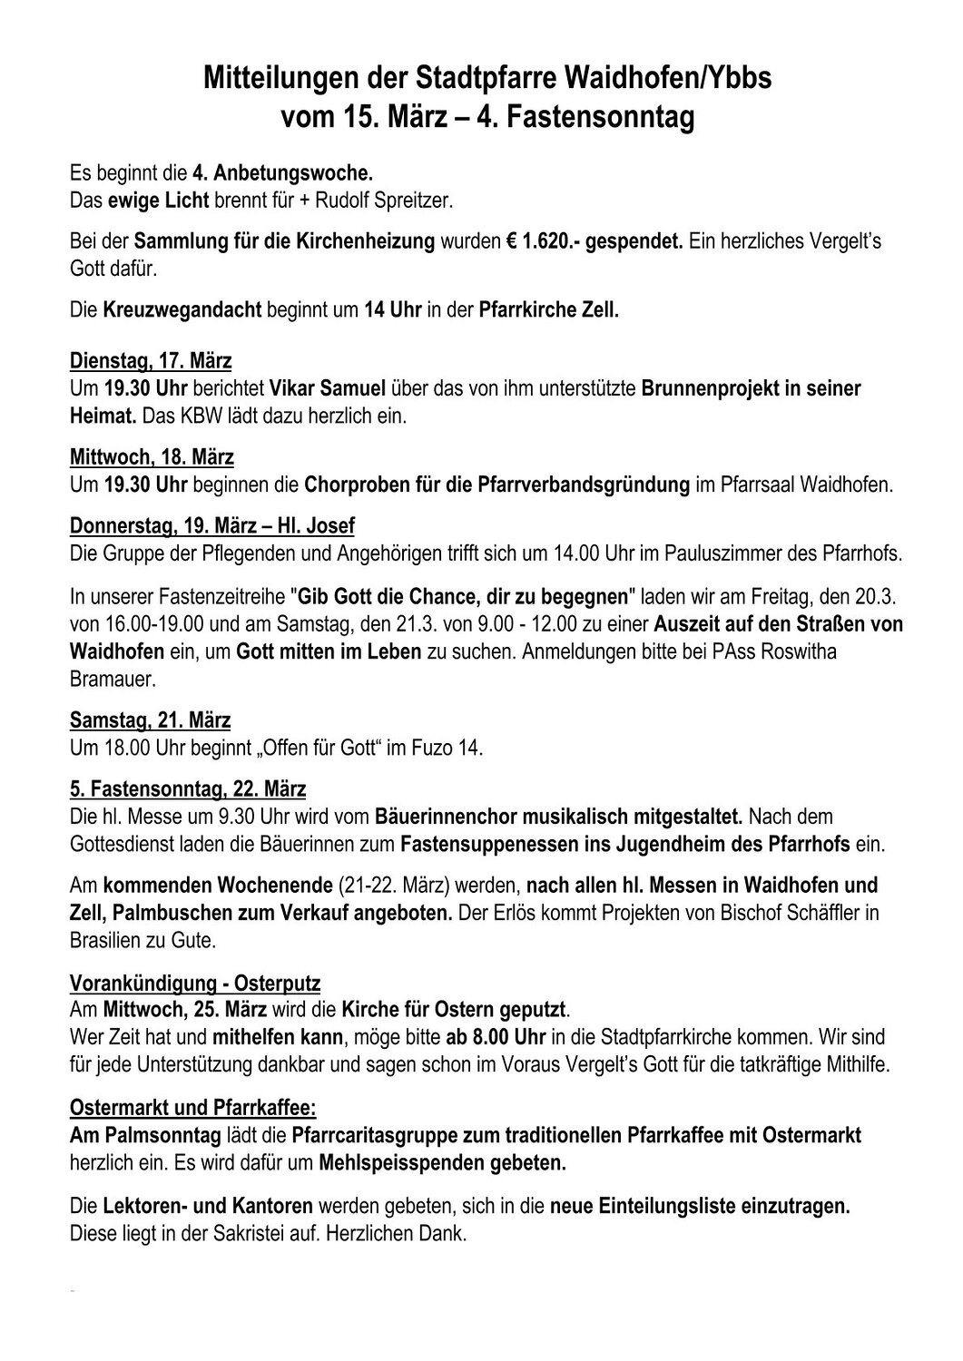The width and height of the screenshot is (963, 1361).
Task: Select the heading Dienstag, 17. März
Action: point(151,361)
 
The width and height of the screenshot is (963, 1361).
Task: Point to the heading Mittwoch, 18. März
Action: point(152,456)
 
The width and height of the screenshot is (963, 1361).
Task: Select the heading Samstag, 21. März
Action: point(150,720)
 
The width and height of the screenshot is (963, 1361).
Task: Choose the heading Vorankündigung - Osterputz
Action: point(195,983)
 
